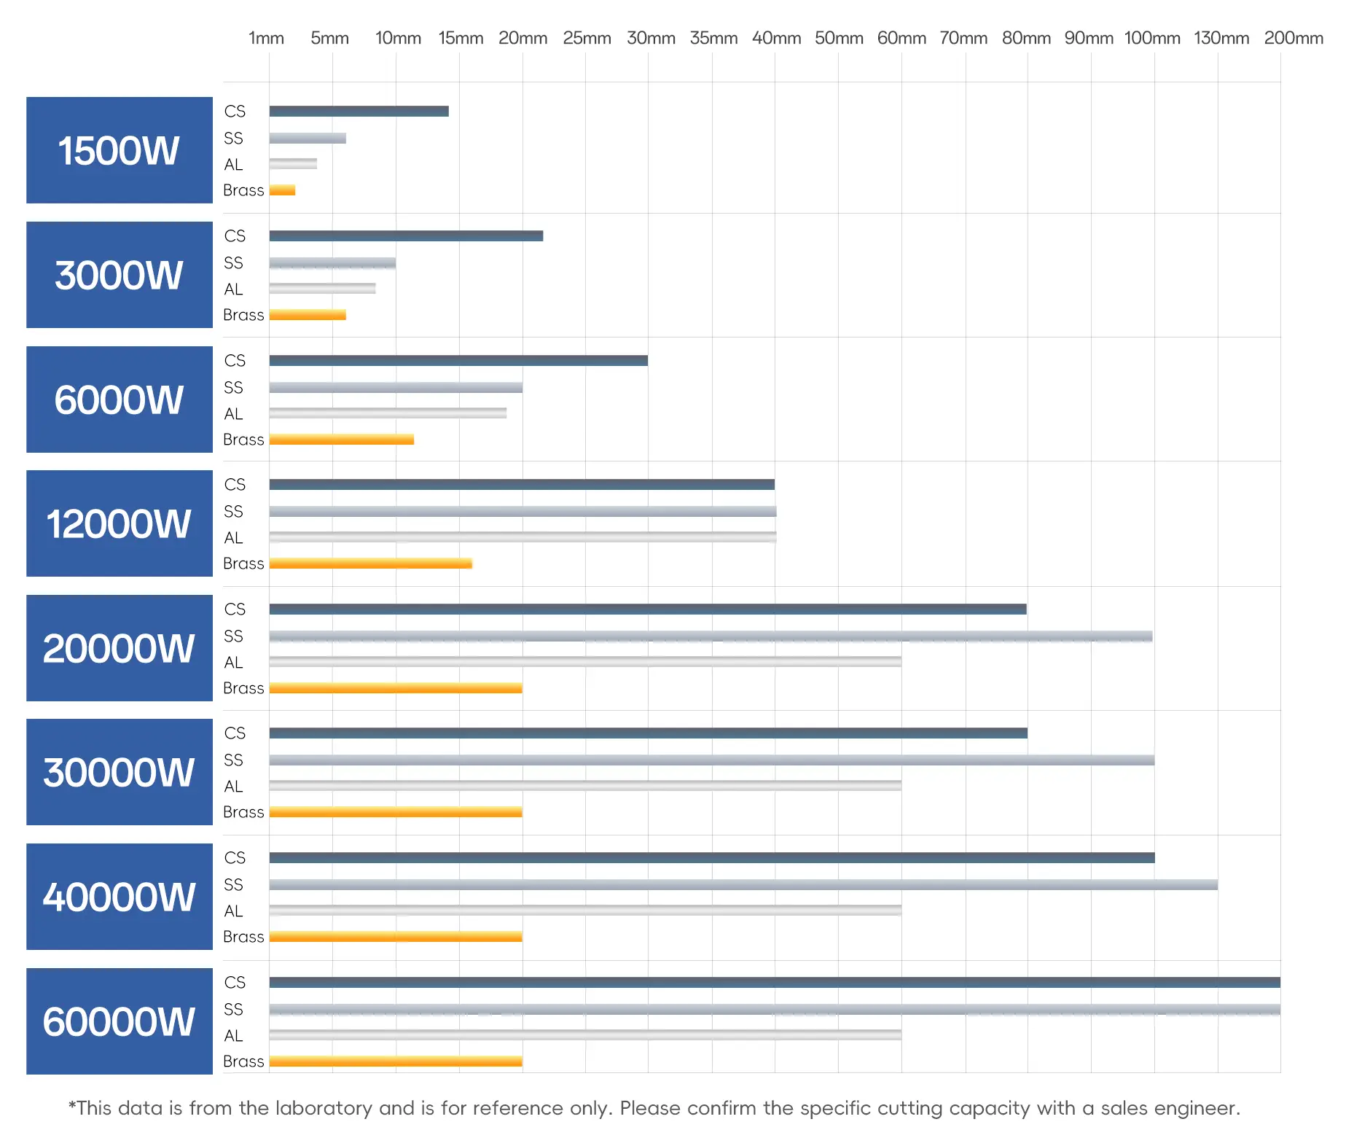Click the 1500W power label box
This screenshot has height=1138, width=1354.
pos(120,150)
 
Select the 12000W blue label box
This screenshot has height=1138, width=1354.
pos(120,523)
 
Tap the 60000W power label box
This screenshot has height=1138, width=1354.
pos(120,1021)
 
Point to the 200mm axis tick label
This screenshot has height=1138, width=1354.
pos(1294,38)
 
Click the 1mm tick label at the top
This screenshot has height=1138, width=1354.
pos(266,38)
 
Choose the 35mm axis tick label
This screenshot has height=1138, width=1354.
pos(713,38)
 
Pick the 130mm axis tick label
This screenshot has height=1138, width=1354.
pos(1221,38)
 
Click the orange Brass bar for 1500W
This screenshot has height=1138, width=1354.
pos(282,190)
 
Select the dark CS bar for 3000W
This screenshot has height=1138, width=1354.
pos(406,235)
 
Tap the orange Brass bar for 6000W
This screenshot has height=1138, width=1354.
pos(341,440)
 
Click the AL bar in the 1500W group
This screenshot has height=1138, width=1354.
pos(293,164)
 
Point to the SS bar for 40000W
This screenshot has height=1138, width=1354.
pos(743,884)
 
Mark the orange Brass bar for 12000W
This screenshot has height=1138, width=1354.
pos(370,564)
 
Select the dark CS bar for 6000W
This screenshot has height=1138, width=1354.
pos(458,360)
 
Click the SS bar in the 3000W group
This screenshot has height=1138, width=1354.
pos(332,262)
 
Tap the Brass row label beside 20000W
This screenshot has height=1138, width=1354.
pos(243,688)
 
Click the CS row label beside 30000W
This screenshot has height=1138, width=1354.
pos(235,733)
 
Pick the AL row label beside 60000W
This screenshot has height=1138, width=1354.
pos(233,1035)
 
